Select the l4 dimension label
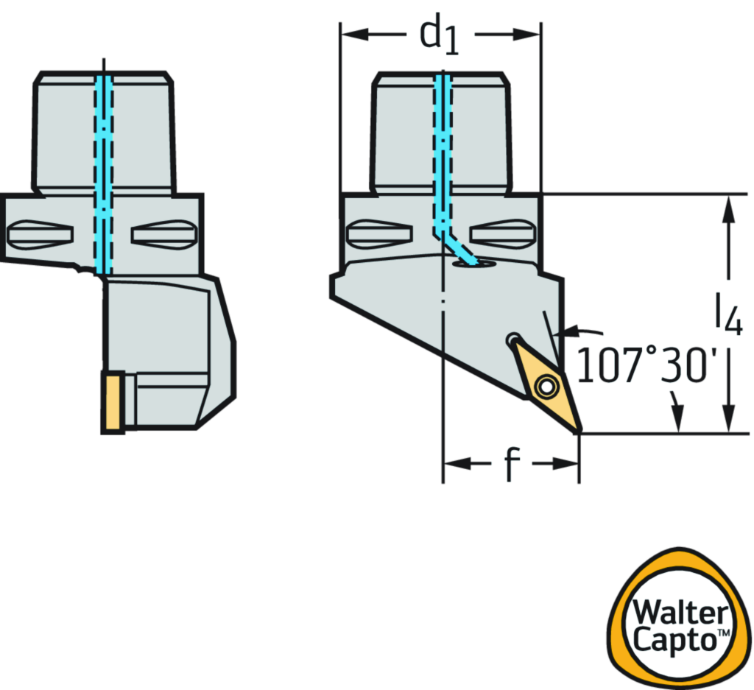pos(727,315)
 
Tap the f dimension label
pos(511,464)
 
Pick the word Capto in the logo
pos(676,639)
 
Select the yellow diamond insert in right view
pos(549,383)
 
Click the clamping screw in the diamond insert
pos(546,384)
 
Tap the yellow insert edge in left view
pos(113,401)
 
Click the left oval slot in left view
pos(40,236)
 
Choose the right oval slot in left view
pos(163,235)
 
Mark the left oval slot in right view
pos(379,235)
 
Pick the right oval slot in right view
pos(502,235)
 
